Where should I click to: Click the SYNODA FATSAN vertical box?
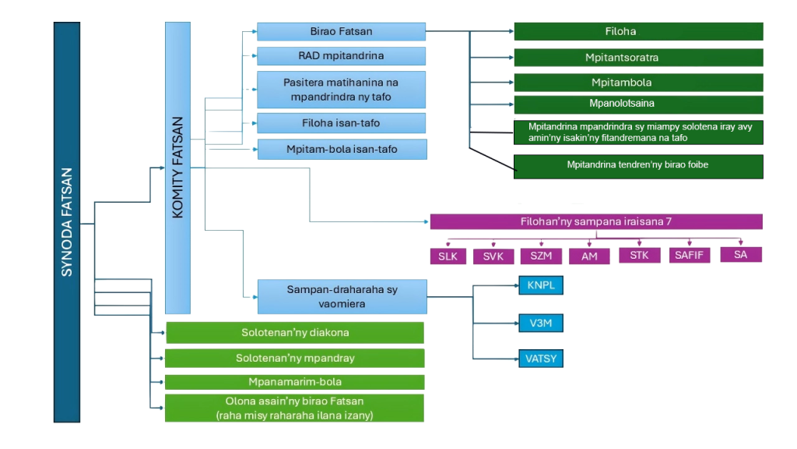[x=67, y=222]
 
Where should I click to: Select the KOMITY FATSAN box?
[x=177, y=168]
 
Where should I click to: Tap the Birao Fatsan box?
[x=341, y=31]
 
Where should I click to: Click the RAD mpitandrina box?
[x=341, y=56]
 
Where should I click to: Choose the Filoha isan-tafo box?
[x=341, y=123]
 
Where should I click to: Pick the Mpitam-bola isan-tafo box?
[x=341, y=149]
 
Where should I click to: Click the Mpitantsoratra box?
[x=637, y=58]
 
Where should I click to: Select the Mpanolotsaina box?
[x=637, y=104]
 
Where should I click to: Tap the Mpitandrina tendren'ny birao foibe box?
[x=637, y=165]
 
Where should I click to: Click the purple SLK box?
[x=448, y=256]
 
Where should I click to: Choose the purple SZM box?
[x=541, y=256]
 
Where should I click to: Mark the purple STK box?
[x=639, y=254]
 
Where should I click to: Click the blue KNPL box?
[x=540, y=285]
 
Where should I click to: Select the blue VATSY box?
[x=540, y=359]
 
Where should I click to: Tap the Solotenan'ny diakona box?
[x=294, y=333]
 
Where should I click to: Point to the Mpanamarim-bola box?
[x=294, y=382]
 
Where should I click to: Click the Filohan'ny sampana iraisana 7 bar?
[x=595, y=221]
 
